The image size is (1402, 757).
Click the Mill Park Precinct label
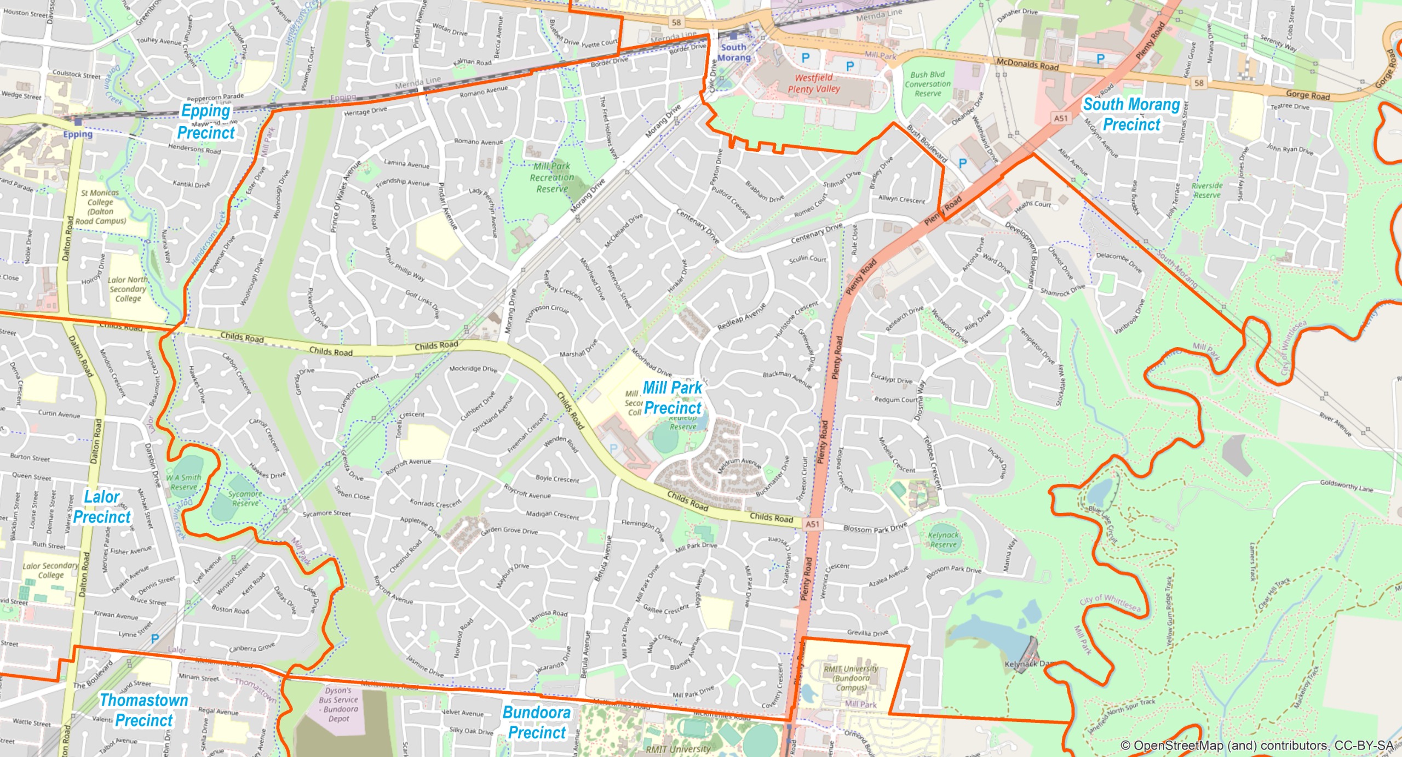672,398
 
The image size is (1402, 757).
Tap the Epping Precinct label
206,122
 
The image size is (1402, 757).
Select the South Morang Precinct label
1131,114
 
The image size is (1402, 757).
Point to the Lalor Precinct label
102,507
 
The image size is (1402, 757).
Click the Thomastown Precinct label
144,710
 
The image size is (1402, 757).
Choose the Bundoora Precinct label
537,722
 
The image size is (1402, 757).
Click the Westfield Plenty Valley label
814,83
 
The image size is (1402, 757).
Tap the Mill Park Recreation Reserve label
552,177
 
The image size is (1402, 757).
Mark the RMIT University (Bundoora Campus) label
851,678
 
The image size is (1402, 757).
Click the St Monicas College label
100,207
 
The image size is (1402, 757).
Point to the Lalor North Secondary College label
128,289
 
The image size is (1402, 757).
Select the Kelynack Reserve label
943,539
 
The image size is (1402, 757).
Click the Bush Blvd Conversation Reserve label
928,84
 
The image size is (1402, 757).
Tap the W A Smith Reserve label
184,482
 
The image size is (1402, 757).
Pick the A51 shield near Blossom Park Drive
813,524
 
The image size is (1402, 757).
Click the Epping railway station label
78,134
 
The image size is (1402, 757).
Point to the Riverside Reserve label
1206,190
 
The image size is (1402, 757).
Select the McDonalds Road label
1027,65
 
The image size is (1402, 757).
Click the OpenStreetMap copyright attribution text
1256,745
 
